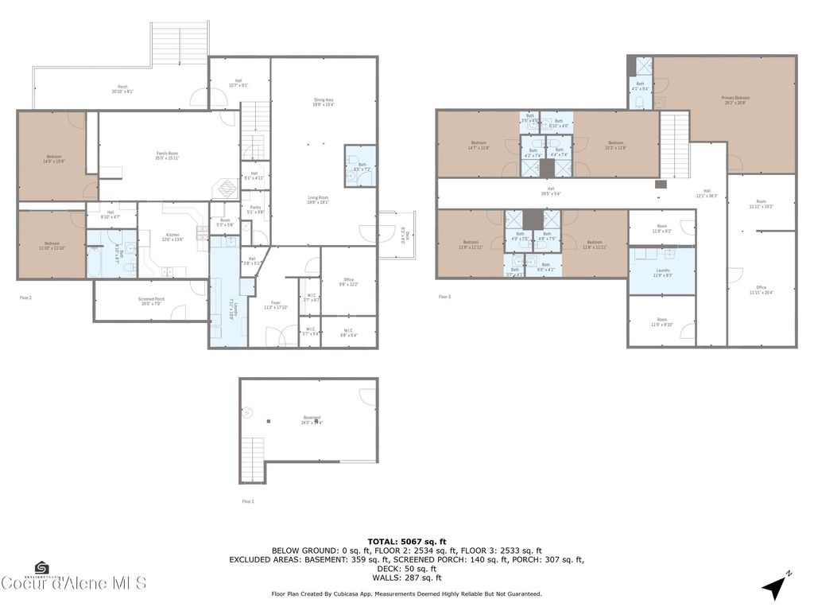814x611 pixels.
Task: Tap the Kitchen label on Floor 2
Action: pyautogui.click(x=172, y=236)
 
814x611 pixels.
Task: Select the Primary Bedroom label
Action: pyautogui.click(x=735, y=99)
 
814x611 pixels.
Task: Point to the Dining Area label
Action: pyautogui.click(x=324, y=101)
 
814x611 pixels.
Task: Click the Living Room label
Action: pyautogui.click(x=319, y=200)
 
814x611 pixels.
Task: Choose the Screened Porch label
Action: pyautogui.click(x=140, y=301)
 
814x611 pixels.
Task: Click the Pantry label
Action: pyautogui.click(x=255, y=209)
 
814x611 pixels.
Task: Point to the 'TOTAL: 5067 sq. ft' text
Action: pyautogui.click(x=406, y=541)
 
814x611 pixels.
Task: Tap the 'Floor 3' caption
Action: pyautogui.click(x=444, y=297)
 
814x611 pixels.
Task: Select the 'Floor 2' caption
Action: pyautogui.click(x=25, y=297)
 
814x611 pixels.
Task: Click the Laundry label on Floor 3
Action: pyautogui.click(x=661, y=273)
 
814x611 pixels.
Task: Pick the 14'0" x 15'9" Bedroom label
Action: pyautogui.click(x=54, y=158)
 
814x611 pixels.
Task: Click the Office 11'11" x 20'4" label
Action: pyautogui.click(x=761, y=290)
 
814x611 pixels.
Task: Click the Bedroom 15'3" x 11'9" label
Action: pyautogui.click(x=616, y=145)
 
